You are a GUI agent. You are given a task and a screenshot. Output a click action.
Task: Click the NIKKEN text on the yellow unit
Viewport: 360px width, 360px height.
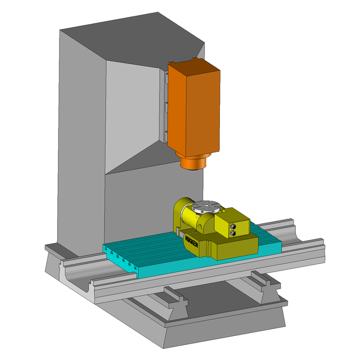point(191,241)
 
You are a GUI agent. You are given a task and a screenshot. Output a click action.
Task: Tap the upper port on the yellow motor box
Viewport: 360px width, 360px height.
point(234,227)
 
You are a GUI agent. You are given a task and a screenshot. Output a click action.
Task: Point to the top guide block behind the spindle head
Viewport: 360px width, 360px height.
point(166,77)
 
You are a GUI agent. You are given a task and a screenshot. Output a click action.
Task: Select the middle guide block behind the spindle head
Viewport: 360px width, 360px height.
point(166,107)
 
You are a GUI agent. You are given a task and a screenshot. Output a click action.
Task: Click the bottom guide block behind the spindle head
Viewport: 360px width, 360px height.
point(166,137)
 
